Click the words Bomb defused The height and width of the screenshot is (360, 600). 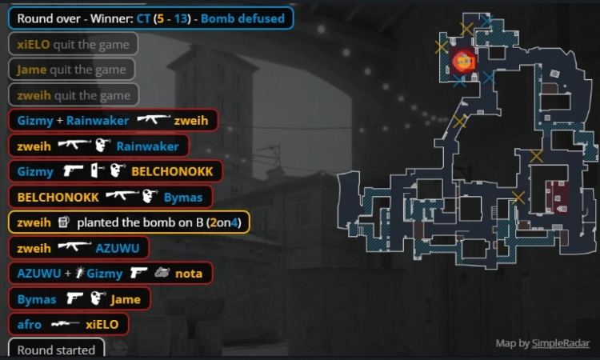pos(242,18)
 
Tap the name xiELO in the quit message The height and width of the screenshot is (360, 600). pos(34,44)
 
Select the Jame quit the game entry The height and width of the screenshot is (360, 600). pos(71,70)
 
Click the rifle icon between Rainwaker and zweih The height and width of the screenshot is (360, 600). pos(154,119)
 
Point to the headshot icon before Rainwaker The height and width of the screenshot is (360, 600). pos(102,146)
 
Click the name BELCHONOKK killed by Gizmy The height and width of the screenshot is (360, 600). pos(172,171)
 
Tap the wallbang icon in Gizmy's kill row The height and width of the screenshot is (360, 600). pos(97,170)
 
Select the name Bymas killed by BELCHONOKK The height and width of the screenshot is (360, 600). pos(183,198)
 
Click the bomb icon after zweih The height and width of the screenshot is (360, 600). pos(63,222)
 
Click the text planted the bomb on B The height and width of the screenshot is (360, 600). pos(140,222)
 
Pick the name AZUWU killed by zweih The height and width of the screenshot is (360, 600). pos(118,248)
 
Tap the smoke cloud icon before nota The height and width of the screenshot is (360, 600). pos(162,273)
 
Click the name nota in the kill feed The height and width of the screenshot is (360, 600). pos(189,274)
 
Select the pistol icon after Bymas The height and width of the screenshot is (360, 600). pos(74,298)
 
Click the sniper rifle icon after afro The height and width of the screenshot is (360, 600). pos(65,324)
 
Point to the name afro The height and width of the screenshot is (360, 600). pos(29,325)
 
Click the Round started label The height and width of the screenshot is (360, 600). pos(56,349)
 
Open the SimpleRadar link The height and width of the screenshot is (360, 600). pos(561,343)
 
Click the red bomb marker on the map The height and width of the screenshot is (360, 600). pos(464,62)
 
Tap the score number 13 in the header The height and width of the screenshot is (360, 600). pos(181,18)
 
